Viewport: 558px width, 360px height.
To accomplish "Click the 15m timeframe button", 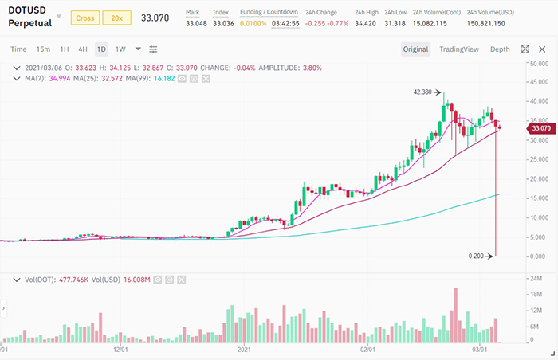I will point(43,49).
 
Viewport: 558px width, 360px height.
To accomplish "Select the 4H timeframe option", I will point(83,49).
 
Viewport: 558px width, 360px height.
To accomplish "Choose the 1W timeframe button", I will point(120,49).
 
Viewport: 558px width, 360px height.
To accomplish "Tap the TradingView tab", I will point(459,49).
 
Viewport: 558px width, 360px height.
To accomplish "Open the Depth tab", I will point(500,49).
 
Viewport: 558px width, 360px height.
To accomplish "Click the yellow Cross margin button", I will point(84,18).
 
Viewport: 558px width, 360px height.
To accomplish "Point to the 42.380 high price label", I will point(422,92).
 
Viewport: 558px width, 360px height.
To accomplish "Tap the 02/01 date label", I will point(367,349).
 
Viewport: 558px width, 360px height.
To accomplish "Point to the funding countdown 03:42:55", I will point(285,23).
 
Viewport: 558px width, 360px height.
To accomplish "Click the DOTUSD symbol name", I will point(30,10).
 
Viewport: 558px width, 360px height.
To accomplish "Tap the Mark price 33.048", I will point(197,23).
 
